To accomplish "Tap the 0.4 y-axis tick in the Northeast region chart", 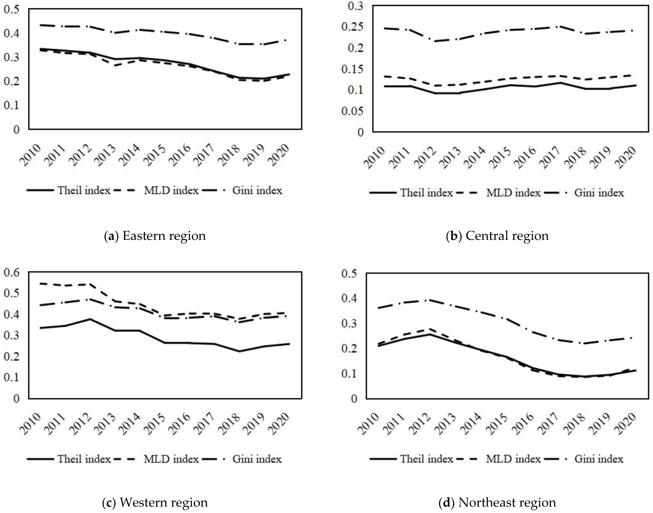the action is [x=350, y=299].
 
